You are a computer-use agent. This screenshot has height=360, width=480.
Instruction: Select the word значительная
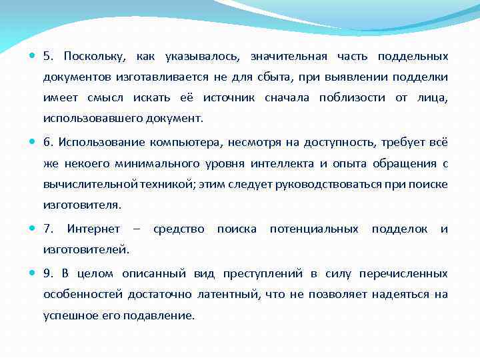(287, 57)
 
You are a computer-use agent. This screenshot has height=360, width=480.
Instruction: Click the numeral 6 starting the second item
(47, 142)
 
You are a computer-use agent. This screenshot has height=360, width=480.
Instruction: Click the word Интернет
(93, 229)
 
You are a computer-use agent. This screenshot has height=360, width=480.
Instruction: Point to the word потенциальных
(314, 229)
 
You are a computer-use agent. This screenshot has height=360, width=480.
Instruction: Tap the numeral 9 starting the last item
(47, 273)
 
